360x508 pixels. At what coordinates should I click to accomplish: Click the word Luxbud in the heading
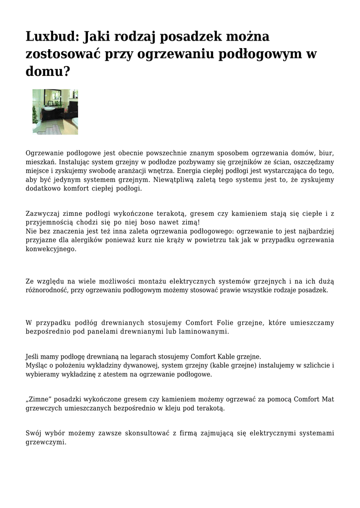[x=52, y=37]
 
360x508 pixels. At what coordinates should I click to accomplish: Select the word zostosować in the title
[x=62, y=54]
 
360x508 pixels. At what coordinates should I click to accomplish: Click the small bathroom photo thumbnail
[x=55, y=112]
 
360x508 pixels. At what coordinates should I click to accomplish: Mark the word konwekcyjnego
[x=51, y=249]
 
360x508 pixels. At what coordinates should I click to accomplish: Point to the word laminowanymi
[x=205, y=331]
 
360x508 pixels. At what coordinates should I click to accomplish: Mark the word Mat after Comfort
[x=328, y=399]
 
